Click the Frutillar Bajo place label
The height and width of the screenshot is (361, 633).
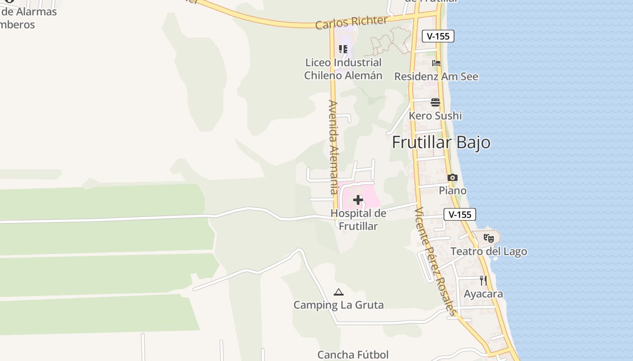(441, 142)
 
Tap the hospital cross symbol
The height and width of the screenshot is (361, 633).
(358, 200)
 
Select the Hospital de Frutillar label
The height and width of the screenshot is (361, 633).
(358, 220)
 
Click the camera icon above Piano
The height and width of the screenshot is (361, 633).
(453, 178)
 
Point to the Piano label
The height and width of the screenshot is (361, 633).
(453, 190)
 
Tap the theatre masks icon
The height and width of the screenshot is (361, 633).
(488, 238)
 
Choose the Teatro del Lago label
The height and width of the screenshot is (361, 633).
(488, 251)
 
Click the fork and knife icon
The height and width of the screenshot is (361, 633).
(483, 281)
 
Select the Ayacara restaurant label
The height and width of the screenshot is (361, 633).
(483, 294)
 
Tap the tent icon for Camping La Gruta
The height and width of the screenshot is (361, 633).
(339, 292)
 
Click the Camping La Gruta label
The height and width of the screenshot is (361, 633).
(339, 305)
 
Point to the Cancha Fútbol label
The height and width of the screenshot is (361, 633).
(353, 355)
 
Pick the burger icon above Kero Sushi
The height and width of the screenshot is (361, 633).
(435, 102)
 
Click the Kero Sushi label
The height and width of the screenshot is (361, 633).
(435, 116)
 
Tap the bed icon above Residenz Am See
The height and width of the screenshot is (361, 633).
(436, 63)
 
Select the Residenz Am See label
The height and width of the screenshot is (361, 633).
(436, 77)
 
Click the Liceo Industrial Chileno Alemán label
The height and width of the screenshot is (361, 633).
(343, 69)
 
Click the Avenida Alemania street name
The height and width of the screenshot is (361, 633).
(334, 147)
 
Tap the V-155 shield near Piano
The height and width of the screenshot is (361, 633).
(460, 214)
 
